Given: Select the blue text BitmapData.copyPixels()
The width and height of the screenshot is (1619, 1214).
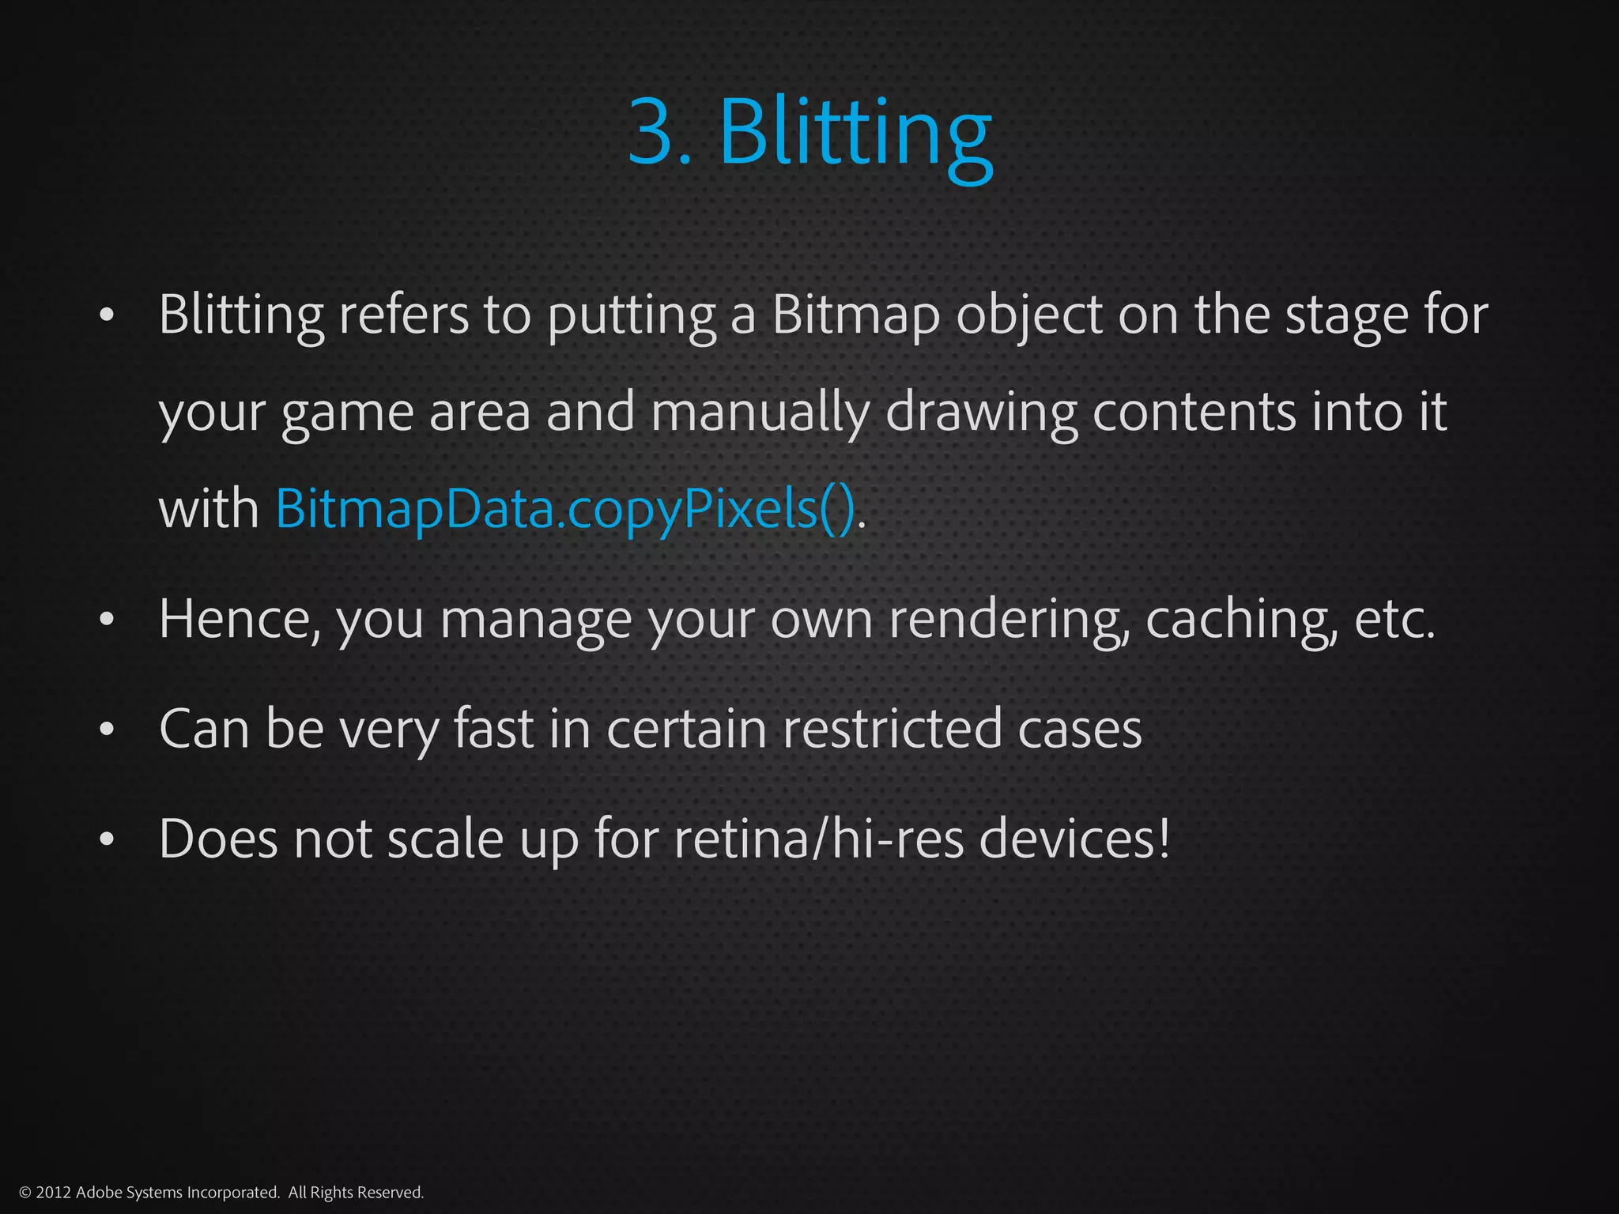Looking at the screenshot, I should tap(565, 508).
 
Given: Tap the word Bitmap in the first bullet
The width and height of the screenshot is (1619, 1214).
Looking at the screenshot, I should tap(856, 315).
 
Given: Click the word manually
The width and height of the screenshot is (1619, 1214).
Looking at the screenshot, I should tap(760, 413).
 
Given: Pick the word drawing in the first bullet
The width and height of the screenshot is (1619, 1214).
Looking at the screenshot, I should tap(981, 413).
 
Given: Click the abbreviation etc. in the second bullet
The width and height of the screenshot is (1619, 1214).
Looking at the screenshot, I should tap(1394, 619).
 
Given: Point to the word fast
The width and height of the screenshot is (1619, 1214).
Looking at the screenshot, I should tap(493, 728).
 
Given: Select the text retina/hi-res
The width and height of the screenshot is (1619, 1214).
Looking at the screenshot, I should tap(819, 839).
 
